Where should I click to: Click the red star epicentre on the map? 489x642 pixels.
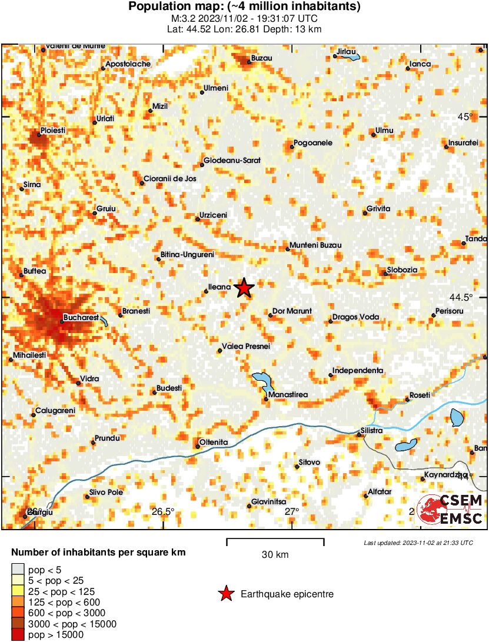point(244,288)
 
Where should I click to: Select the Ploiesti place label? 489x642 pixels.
point(52,130)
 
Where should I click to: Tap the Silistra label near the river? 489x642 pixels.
point(372,431)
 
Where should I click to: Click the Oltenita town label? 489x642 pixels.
point(214,442)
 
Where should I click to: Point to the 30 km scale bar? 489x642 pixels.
point(275,539)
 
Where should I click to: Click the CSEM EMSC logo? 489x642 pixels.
point(450,509)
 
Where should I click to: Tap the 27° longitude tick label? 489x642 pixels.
point(292,511)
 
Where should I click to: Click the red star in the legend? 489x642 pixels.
point(225,594)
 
